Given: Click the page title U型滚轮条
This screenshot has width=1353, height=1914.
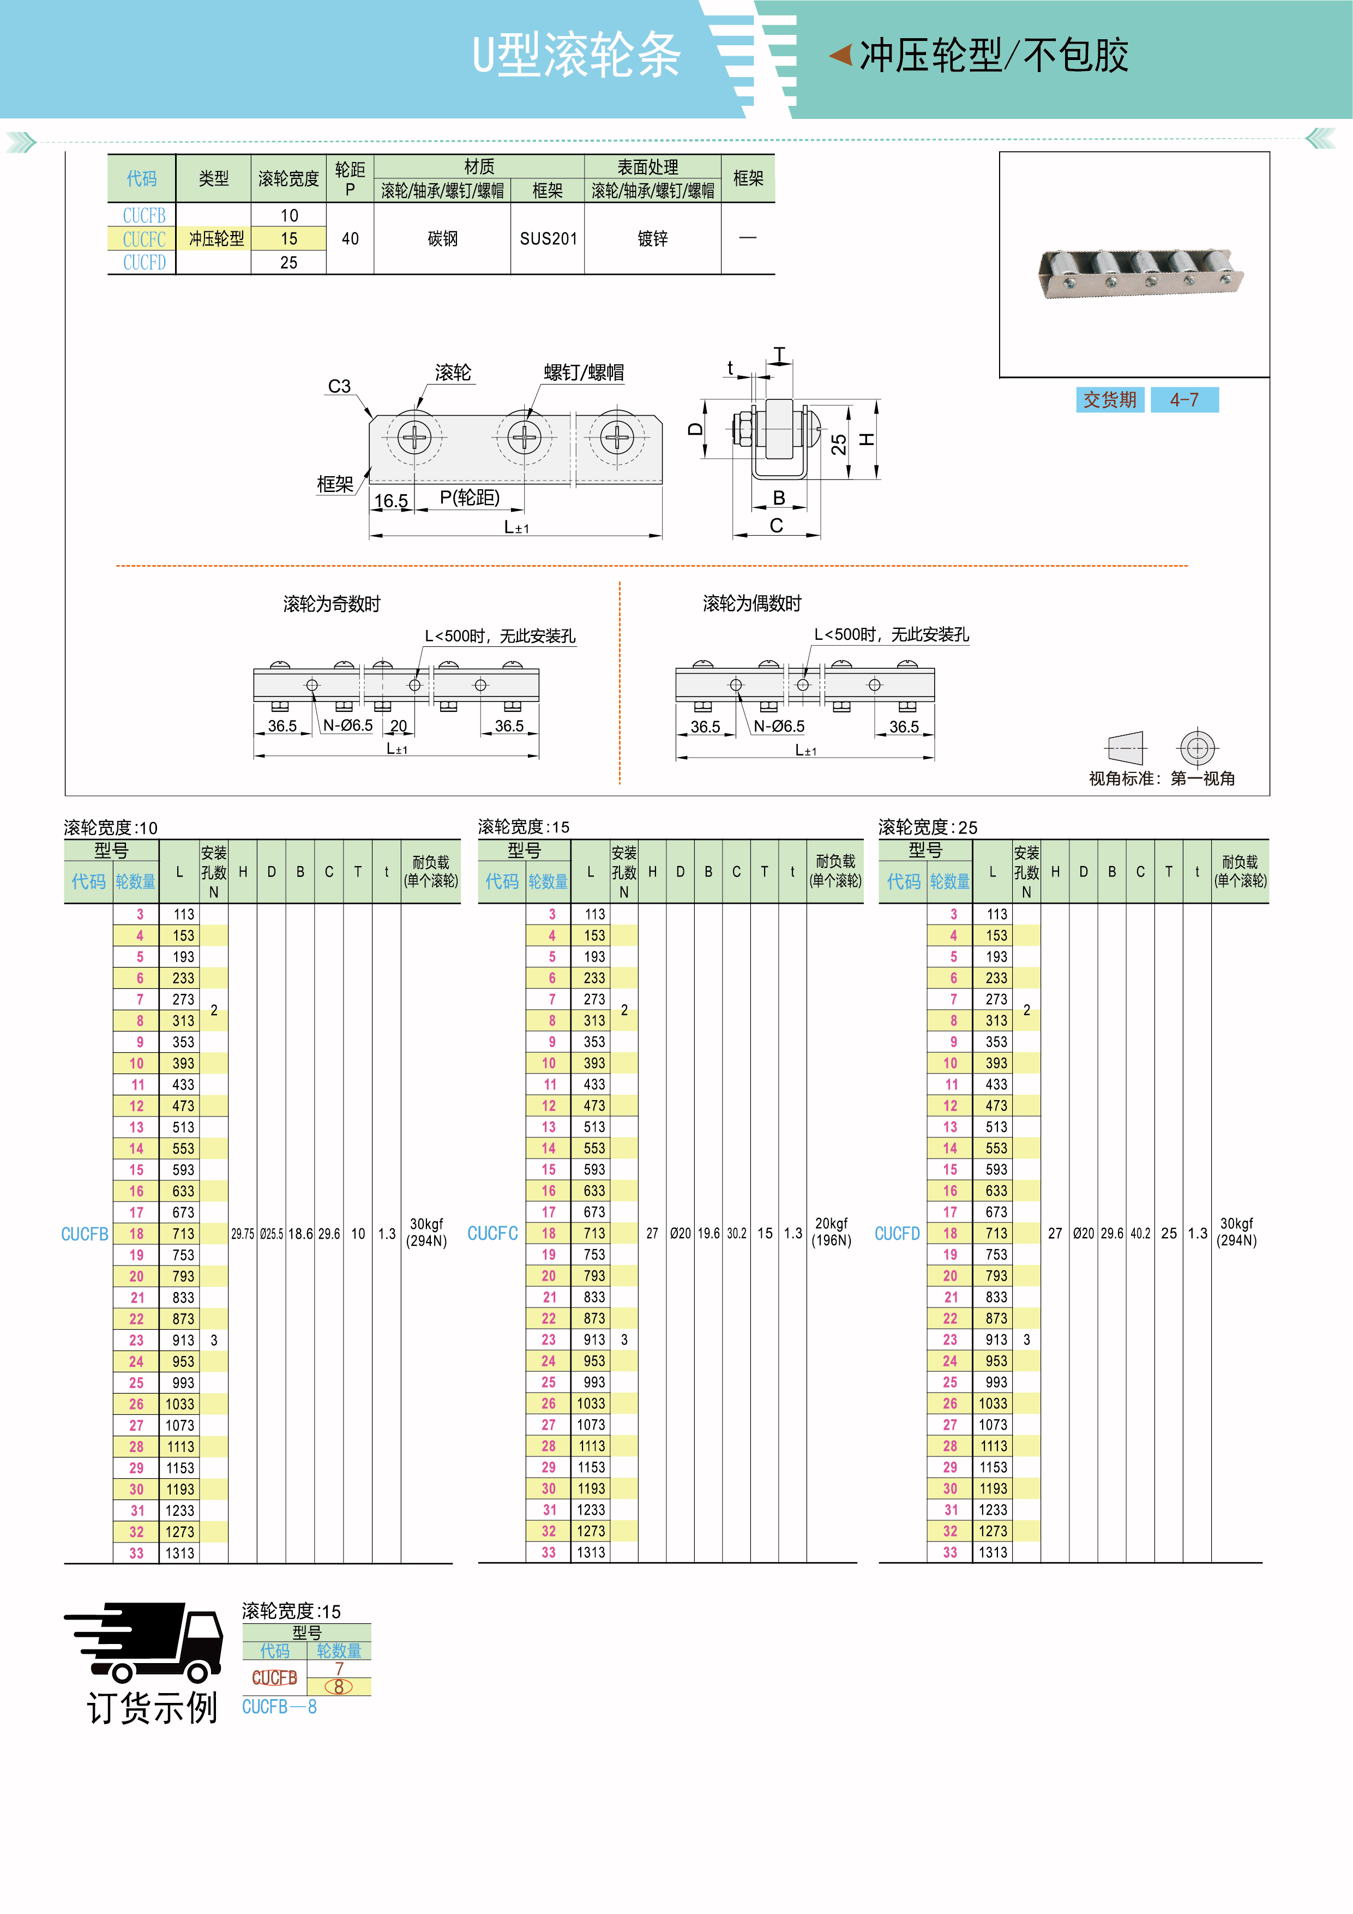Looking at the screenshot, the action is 576,56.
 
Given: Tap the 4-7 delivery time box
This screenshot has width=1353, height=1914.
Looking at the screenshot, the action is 1184,400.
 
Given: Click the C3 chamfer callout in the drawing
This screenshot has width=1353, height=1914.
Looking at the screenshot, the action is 339,386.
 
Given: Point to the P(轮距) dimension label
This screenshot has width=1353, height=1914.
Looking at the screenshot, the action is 470,497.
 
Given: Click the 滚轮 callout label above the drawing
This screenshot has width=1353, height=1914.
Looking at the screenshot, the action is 453,373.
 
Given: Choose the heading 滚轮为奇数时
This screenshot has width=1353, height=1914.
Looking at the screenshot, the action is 332,603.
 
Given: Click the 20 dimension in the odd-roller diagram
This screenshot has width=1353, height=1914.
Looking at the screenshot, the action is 399,725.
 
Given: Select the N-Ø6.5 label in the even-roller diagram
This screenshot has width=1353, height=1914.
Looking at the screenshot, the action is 779,726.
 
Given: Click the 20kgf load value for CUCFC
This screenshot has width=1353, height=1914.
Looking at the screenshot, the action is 831,1223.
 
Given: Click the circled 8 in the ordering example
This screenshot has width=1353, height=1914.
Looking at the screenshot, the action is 339,1687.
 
